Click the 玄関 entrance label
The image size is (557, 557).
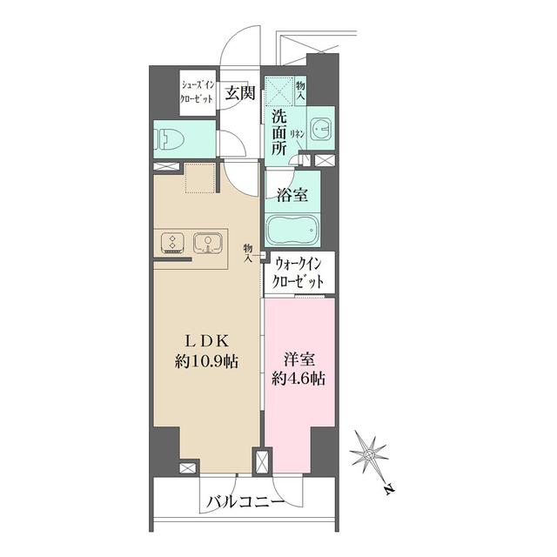pyautogui.click(x=239, y=94)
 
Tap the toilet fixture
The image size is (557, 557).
pyautogui.click(x=166, y=137)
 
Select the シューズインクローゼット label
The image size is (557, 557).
pyautogui.click(x=198, y=92)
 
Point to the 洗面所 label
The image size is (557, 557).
pyautogui.click(x=278, y=131)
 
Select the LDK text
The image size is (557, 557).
pyautogui.click(x=209, y=340)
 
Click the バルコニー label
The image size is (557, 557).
pyautogui.click(x=245, y=502)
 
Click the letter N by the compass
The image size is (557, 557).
pyautogui.click(x=386, y=489)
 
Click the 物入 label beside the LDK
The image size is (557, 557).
pyautogui.click(x=249, y=252)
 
